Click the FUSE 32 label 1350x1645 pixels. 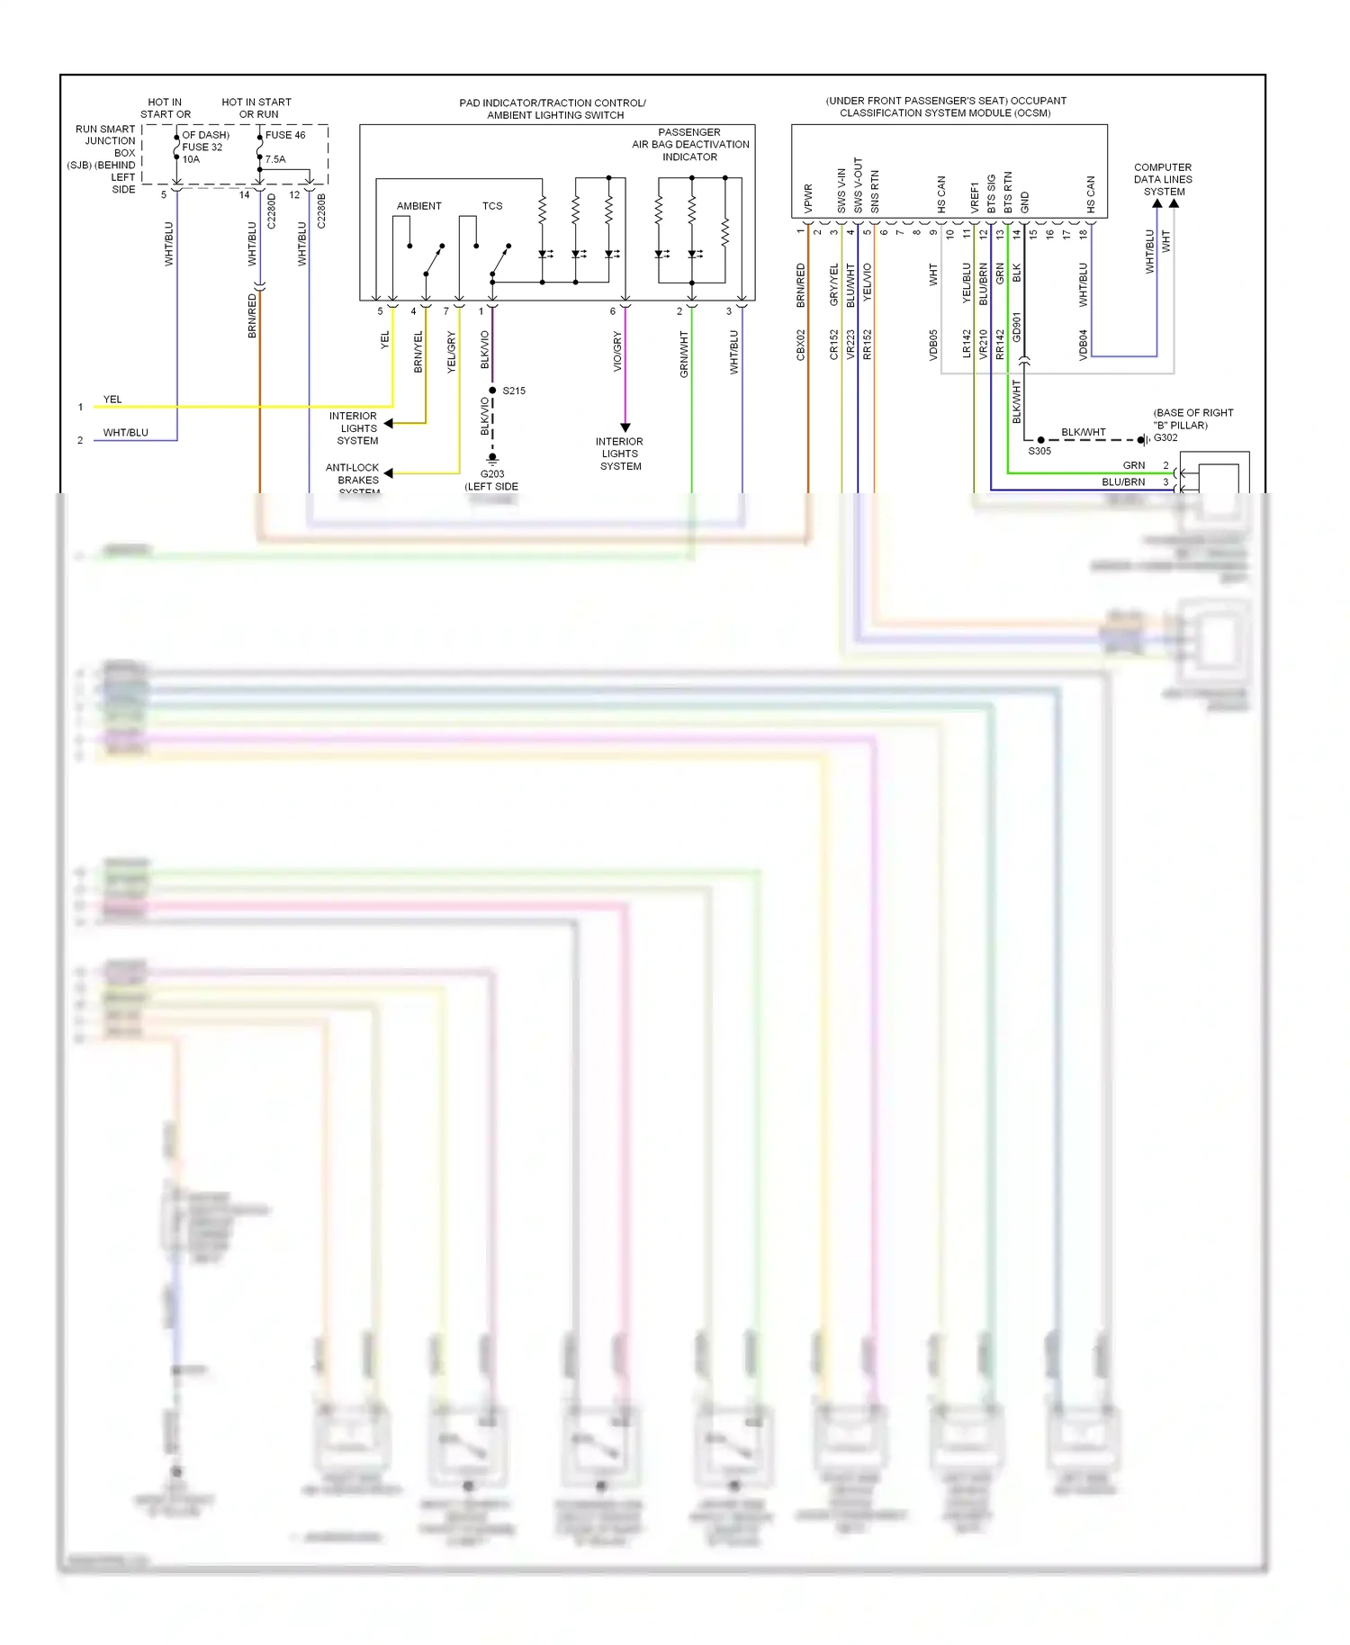tap(202, 147)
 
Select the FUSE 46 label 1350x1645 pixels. tap(285, 135)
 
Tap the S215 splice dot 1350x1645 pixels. tap(492, 390)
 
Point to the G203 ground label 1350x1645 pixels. tap(492, 473)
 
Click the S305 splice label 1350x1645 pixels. tap(1039, 451)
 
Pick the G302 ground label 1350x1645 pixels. tap(1165, 437)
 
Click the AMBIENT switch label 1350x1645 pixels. tap(418, 206)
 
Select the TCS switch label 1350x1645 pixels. tap(492, 206)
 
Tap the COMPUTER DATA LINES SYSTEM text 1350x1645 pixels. tap(1163, 179)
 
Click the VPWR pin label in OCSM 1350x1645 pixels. tap(808, 199)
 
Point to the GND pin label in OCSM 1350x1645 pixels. tap(1024, 202)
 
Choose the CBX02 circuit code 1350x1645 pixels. tap(801, 345)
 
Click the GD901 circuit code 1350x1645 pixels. tap(1017, 328)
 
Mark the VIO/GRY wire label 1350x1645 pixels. tap(617, 352)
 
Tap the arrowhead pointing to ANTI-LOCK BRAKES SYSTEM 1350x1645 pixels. tap(388, 472)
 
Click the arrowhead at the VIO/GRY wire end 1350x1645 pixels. tap(625, 427)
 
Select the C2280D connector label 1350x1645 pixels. tap(272, 211)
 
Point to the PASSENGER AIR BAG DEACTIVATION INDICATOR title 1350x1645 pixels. tap(690, 144)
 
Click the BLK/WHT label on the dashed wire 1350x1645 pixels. tap(1083, 432)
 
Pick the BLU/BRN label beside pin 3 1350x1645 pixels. tap(1123, 481)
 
